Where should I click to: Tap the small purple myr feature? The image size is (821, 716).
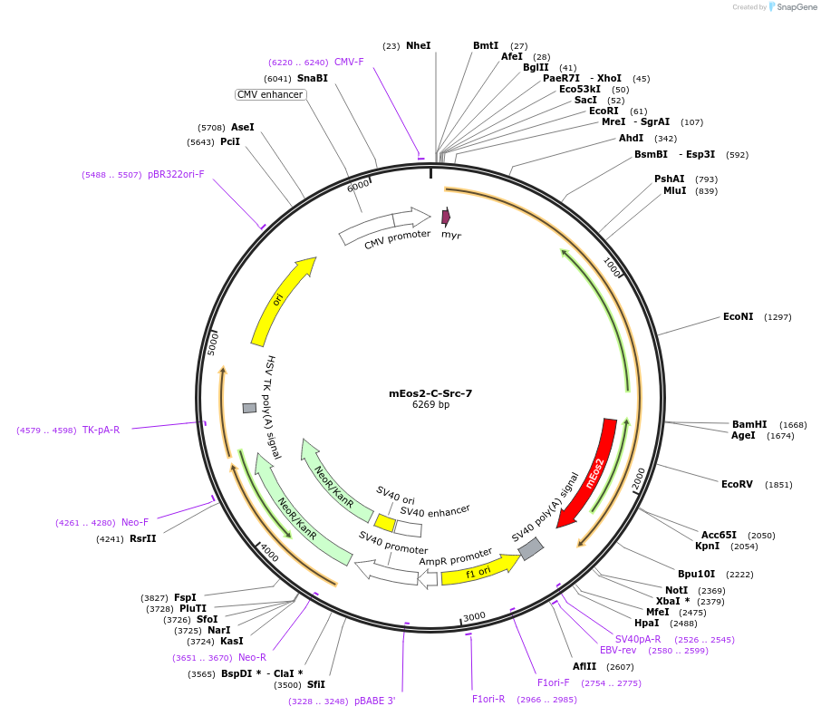point(445,217)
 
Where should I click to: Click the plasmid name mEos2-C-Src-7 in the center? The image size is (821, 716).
point(430,393)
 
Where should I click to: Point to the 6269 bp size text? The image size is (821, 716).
point(430,405)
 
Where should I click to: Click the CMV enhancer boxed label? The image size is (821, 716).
point(270,94)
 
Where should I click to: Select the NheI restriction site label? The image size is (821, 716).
point(419,45)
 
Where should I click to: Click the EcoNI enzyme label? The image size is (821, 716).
point(738,317)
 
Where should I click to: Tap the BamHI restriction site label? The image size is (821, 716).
point(749,424)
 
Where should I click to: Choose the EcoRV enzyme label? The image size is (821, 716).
point(737,484)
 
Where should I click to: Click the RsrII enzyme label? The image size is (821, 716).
point(142,538)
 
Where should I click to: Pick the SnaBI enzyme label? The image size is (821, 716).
point(313,78)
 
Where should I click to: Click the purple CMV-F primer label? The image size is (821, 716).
point(349,62)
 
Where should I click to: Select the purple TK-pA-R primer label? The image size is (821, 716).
point(101,430)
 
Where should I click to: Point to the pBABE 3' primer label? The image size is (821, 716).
point(374,701)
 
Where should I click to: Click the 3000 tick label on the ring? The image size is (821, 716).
point(474,617)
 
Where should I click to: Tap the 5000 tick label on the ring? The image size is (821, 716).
point(214,343)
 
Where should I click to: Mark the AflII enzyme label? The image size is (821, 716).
point(584,666)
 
